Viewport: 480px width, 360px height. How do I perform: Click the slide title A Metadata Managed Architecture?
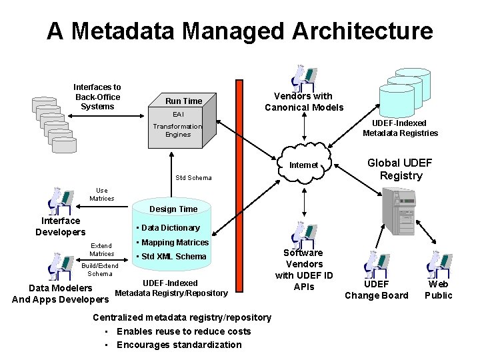[x=239, y=31]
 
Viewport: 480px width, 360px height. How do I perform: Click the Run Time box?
[x=183, y=101]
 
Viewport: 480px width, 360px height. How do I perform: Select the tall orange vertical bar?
[x=240, y=200]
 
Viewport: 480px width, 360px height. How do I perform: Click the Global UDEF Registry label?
[x=400, y=169]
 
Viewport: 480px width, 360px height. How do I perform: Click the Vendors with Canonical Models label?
[x=304, y=102]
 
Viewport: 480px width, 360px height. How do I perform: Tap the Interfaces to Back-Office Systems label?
[x=97, y=97]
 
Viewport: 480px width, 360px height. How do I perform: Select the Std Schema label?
[x=193, y=178]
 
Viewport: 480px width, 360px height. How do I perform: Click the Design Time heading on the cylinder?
[x=173, y=209]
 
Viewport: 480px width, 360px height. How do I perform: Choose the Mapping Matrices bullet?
[x=172, y=243]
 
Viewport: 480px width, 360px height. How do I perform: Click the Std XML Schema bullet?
[x=171, y=257]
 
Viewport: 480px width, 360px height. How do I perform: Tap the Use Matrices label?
[x=102, y=194]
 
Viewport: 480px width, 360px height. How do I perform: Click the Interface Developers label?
[x=61, y=226]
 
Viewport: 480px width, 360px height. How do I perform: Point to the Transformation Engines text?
[x=177, y=130]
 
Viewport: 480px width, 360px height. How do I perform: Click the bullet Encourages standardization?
[x=179, y=345]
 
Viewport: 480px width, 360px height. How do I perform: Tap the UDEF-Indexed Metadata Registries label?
[x=400, y=128]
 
